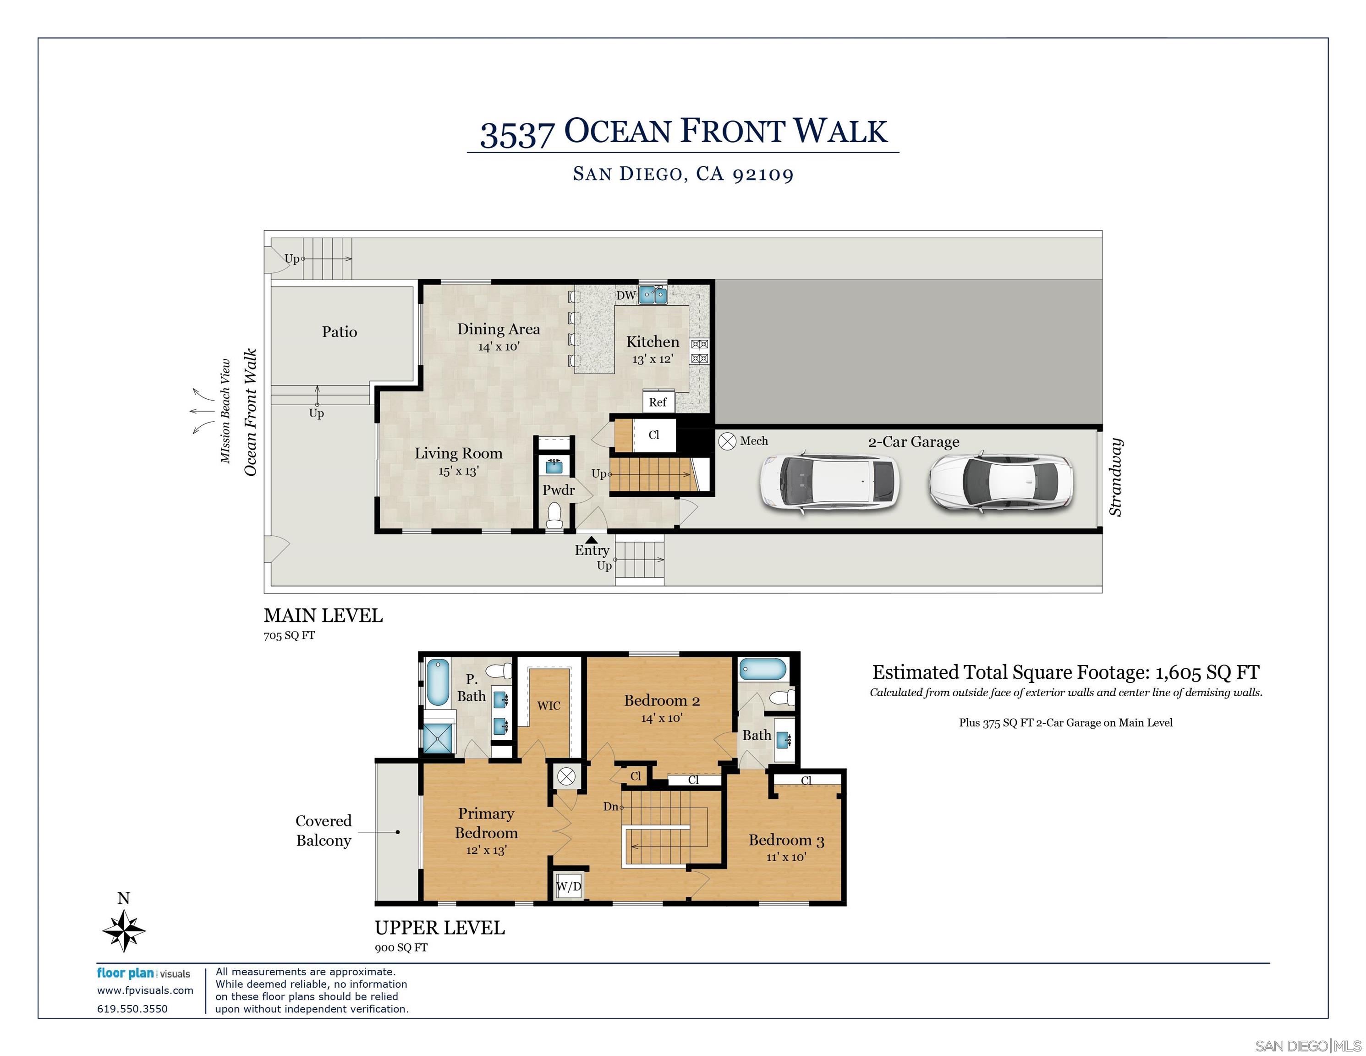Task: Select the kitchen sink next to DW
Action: pyautogui.click(x=653, y=294)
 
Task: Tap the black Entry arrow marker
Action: pyautogui.click(x=591, y=540)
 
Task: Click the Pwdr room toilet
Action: pyautogui.click(x=554, y=516)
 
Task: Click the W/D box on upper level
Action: pyautogui.click(x=569, y=886)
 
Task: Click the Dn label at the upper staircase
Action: pyautogui.click(x=610, y=806)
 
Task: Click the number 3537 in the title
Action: pyautogui.click(x=517, y=134)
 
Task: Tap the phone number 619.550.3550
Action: pyautogui.click(x=132, y=1008)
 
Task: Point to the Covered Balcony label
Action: pyautogui.click(x=324, y=830)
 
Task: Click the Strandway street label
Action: pyautogui.click(x=1115, y=477)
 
